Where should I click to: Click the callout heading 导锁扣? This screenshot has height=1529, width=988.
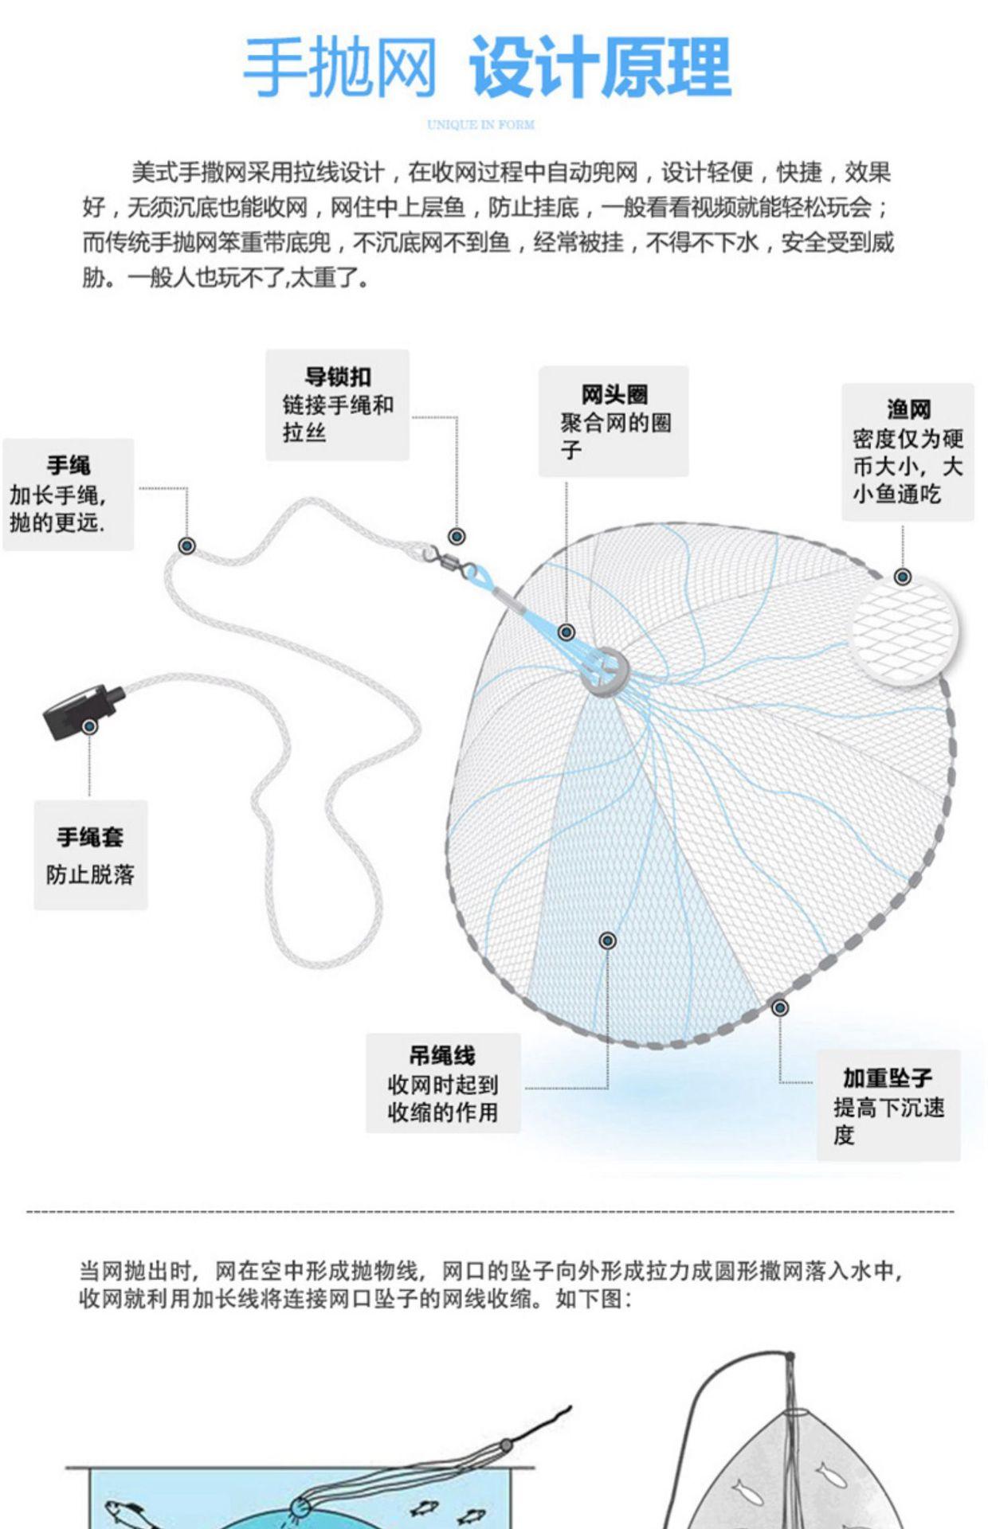click(x=338, y=377)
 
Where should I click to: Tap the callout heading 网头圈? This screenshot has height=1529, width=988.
click(x=614, y=394)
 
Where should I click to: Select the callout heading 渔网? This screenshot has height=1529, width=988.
click(x=908, y=409)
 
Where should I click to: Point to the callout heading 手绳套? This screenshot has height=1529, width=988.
click(x=90, y=837)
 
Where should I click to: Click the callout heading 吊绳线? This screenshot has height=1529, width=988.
click(x=442, y=1056)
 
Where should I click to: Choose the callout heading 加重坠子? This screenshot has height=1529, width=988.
click(x=888, y=1078)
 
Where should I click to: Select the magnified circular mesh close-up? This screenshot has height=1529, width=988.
click(x=904, y=629)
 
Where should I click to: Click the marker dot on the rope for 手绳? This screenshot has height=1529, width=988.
click(x=187, y=546)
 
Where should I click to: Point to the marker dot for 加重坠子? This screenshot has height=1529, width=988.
click(x=780, y=1007)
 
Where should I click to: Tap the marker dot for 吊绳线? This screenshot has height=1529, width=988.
click(x=608, y=940)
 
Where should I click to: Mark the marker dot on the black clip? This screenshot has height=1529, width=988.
click(x=90, y=726)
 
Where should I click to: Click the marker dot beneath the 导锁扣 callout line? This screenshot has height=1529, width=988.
click(x=457, y=536)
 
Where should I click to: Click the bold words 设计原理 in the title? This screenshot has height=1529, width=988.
click(x=599, y=68)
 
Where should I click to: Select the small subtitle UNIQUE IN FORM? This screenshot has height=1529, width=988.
click(x=480, y=124)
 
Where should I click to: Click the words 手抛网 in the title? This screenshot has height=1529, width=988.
click(x=340, y=68)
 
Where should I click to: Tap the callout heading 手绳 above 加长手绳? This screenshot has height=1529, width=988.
click(x=69, y=466)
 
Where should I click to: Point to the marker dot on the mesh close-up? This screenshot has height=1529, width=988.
click(x=903, y=577)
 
